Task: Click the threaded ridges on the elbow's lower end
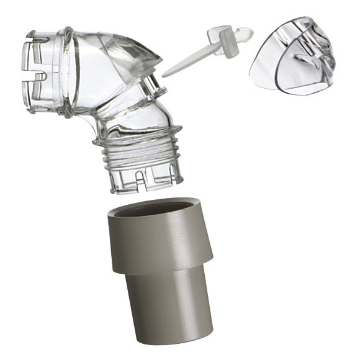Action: tap(138, 152)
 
